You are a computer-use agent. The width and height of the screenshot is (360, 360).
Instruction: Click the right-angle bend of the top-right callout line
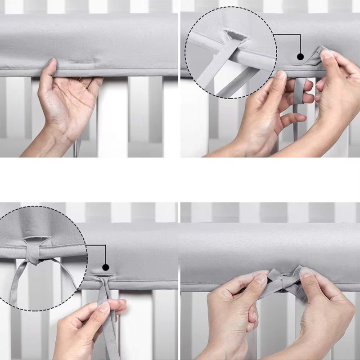coord(300,35)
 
